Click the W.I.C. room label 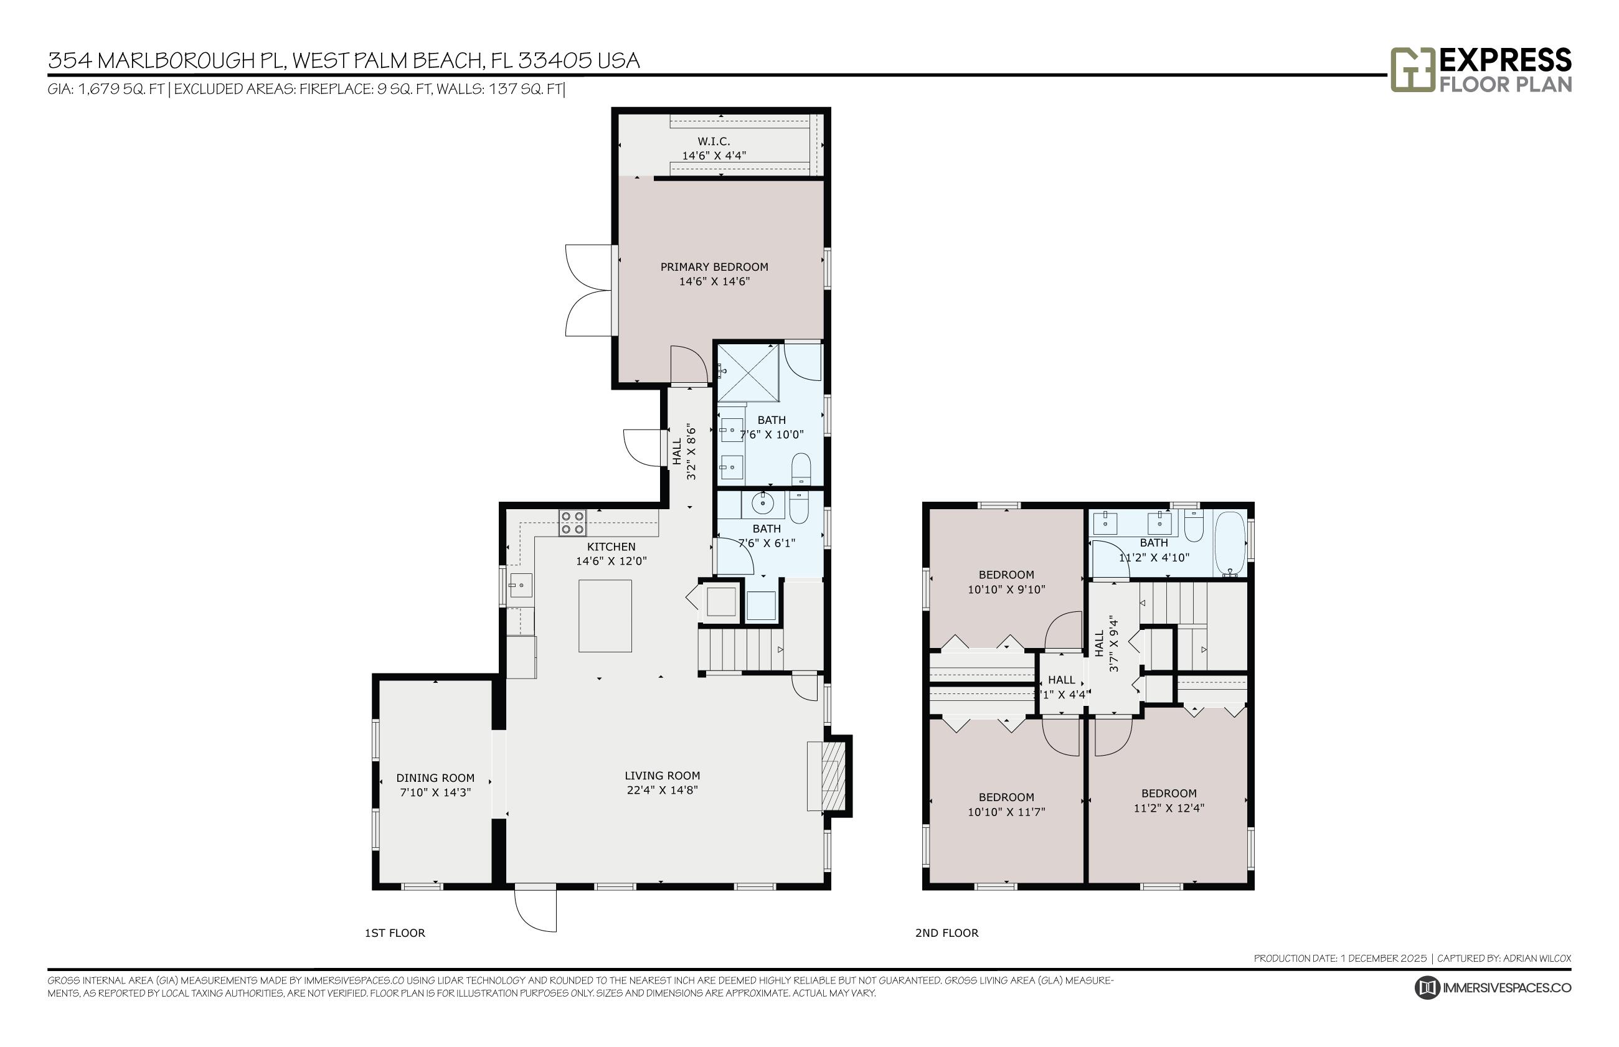click(x=713, y=141)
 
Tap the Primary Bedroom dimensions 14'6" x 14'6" click(x=714, y=281)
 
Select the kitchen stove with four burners click(x=572, y=522)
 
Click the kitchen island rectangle click(x=605, y=616)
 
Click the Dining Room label click(x=435, y=777)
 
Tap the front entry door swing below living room click(x=536, y=909)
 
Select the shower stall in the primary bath click(x=748, y=374)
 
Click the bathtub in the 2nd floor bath click(x=1229, y=543)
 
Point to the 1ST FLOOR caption click(x=394, y=933)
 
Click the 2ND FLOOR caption click(x=946, y=933)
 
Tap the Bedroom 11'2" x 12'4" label click(x=1168, y=794)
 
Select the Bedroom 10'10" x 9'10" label click(x=1006, y=575)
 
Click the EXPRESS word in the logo click(x=1505, y=60)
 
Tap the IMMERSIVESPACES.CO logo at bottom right click(x=1493, y=987)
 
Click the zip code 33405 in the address click(x=554, y=60)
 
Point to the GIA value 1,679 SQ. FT click(x=121, y=89)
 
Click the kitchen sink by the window click(x=520, y=585)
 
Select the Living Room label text click(x=661, y=776)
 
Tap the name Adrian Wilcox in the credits click(x=1537, y=958)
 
